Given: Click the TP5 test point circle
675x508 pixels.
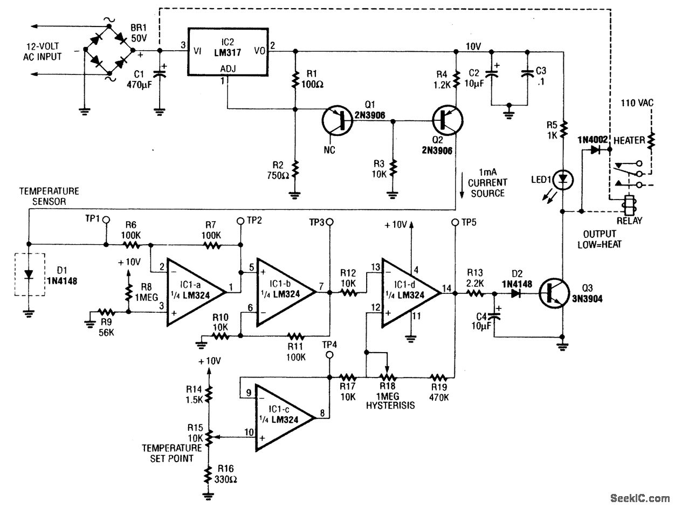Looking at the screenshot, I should coord(454,221).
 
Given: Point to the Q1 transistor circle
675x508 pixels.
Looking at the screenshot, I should coord(338,121).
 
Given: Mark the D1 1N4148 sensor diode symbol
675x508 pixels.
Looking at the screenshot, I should coord(29,274).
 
